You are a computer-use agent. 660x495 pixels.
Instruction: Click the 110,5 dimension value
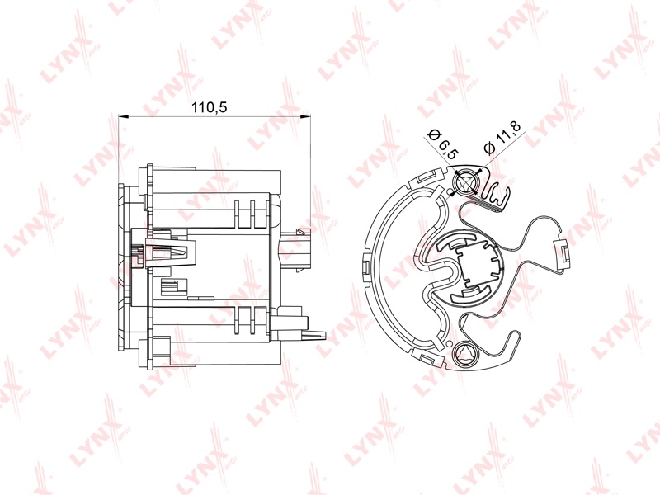point(210,108)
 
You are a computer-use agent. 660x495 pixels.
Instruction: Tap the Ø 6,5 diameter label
point(442,144)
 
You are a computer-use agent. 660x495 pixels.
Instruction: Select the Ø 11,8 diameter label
point(502,139)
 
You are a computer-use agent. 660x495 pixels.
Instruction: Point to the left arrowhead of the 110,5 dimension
point(123,116)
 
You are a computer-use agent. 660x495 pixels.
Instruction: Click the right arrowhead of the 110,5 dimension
point(305,116)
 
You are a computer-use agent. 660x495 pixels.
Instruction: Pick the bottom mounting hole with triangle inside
point(465,355)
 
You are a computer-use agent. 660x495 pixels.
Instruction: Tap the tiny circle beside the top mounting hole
point(450,192)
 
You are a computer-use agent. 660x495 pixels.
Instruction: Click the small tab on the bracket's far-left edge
point(365,266)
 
